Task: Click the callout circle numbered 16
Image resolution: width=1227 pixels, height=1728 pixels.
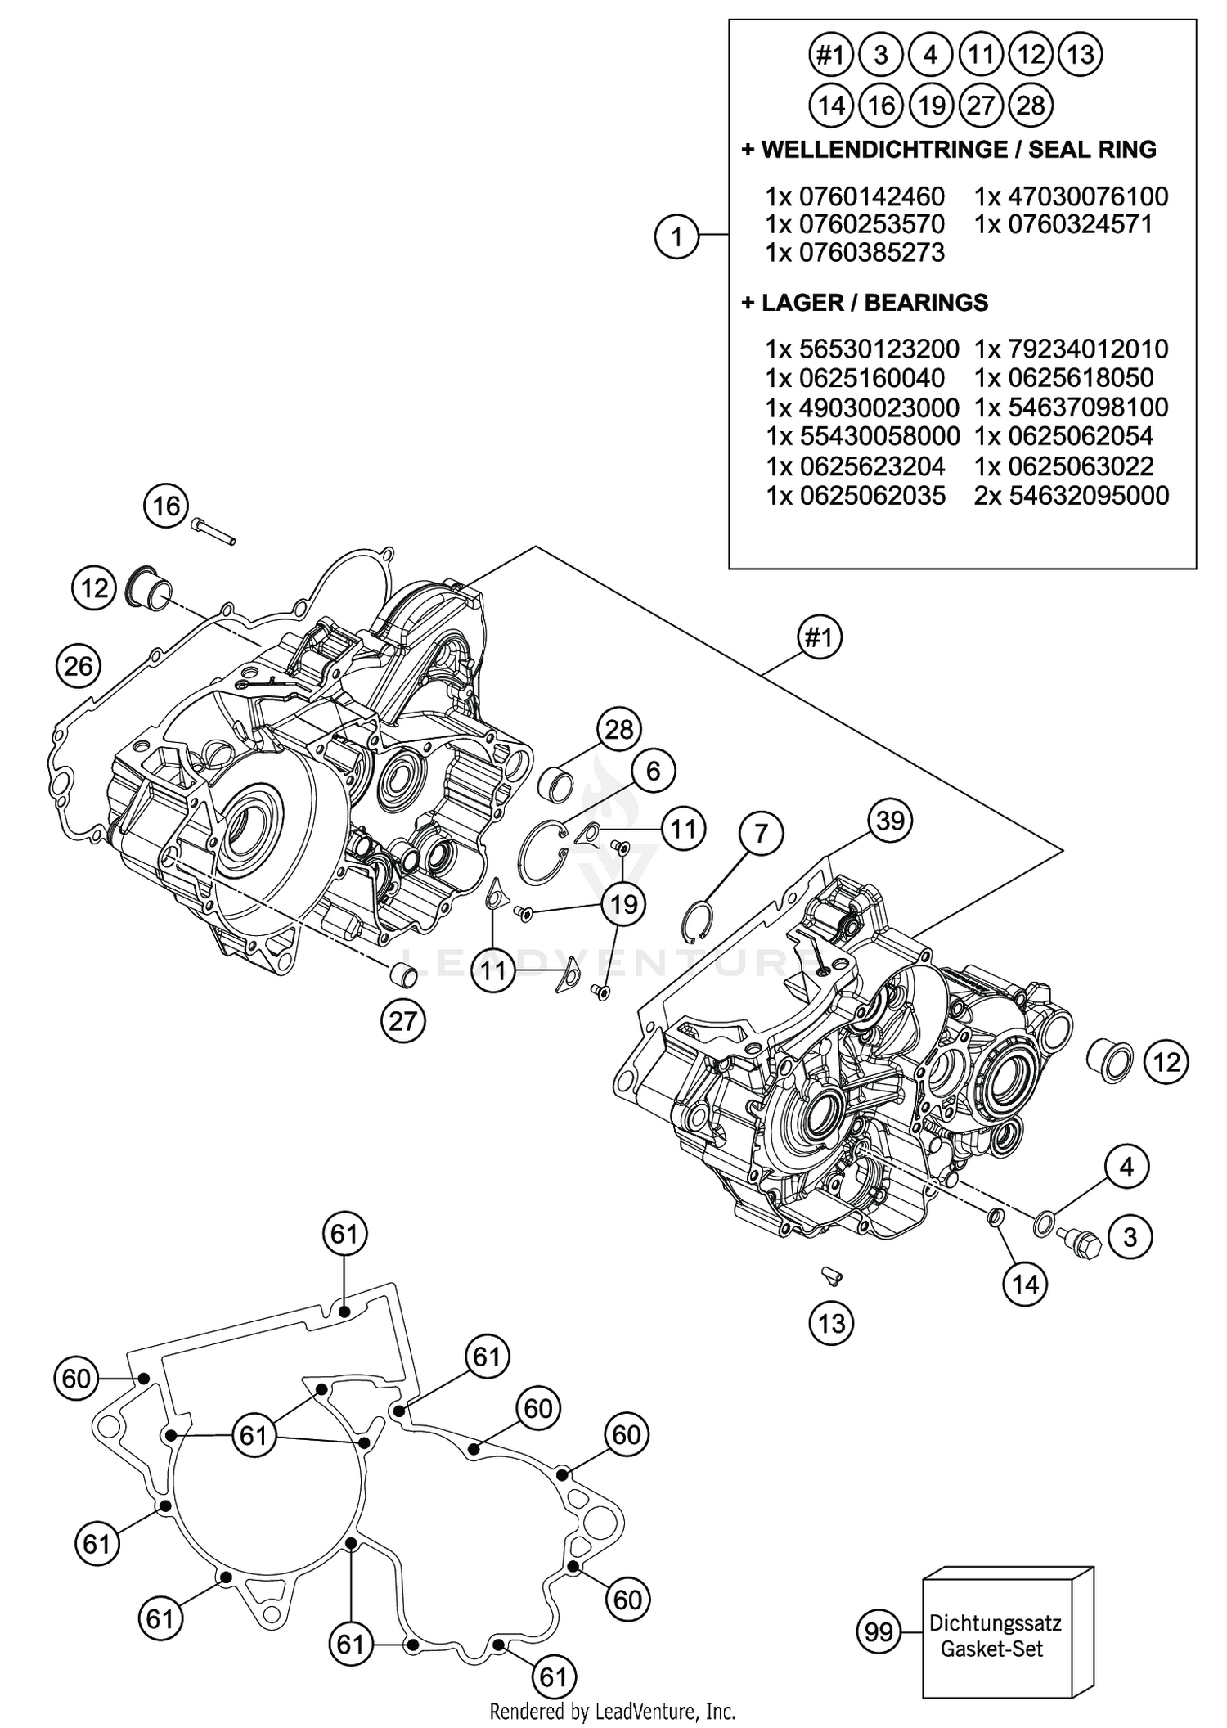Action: (x=166, y=506)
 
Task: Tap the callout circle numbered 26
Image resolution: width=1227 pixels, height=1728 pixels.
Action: (x=79, y=666)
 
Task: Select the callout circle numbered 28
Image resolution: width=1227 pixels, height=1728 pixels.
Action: (x=619, y=729)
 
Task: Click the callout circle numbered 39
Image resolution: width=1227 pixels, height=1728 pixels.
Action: (x=890, y=820)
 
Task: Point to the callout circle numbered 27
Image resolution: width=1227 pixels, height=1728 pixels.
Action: (x=403, y=1021)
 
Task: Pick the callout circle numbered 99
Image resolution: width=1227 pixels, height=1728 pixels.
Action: (x=879, y=1632)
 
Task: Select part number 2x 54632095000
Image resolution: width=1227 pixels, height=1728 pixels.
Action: (x=1072, y=495)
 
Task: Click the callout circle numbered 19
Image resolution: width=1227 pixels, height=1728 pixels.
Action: (x=623, y=904)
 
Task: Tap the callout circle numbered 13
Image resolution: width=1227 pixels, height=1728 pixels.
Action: (x=831, y=1323)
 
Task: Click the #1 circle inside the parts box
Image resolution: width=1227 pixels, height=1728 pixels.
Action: (x=830, y=56)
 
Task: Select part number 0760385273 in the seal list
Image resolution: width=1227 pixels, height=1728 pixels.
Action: (x=855, y=252)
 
